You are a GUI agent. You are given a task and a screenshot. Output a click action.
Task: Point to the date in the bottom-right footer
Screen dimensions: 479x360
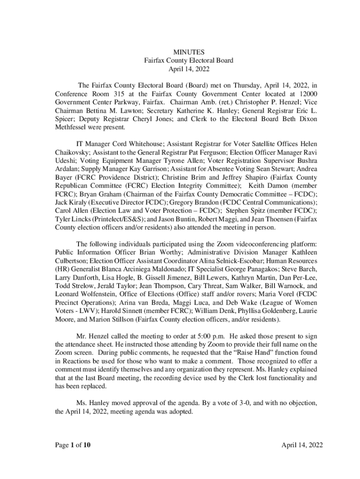pyautogui.click(x=302, y=445)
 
